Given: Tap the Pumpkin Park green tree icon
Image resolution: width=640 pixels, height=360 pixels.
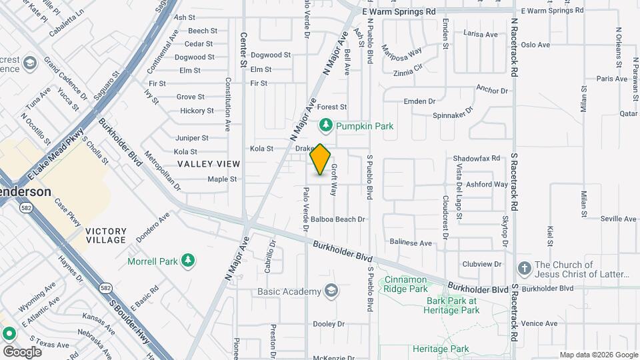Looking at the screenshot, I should coord(325,125).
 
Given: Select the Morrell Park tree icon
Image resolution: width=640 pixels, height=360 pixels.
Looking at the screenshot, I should coord(189,260).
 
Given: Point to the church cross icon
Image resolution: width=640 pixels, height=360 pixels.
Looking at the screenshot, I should coord(524,269).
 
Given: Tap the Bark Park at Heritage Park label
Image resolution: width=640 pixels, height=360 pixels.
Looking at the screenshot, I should coord(453,305).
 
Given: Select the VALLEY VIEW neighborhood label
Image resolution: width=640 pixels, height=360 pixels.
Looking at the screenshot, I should coord(209,164).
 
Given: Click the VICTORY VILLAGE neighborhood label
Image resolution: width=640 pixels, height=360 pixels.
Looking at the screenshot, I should coord(106,235).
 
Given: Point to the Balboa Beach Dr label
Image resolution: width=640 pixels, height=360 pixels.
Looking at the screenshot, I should coord(338,219).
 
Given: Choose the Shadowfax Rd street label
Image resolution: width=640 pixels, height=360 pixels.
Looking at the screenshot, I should coord(476,159).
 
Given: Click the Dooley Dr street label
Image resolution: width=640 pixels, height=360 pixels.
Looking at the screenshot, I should coord(328,324).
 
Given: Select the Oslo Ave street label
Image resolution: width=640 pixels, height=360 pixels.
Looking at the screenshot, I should coord(535,45).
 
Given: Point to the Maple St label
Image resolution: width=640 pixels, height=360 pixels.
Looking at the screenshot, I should coord(222,179).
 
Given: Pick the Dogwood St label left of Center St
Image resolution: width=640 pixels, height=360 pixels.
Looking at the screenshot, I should coord(195,57).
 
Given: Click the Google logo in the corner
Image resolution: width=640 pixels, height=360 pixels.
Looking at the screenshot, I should coord(22,351).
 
